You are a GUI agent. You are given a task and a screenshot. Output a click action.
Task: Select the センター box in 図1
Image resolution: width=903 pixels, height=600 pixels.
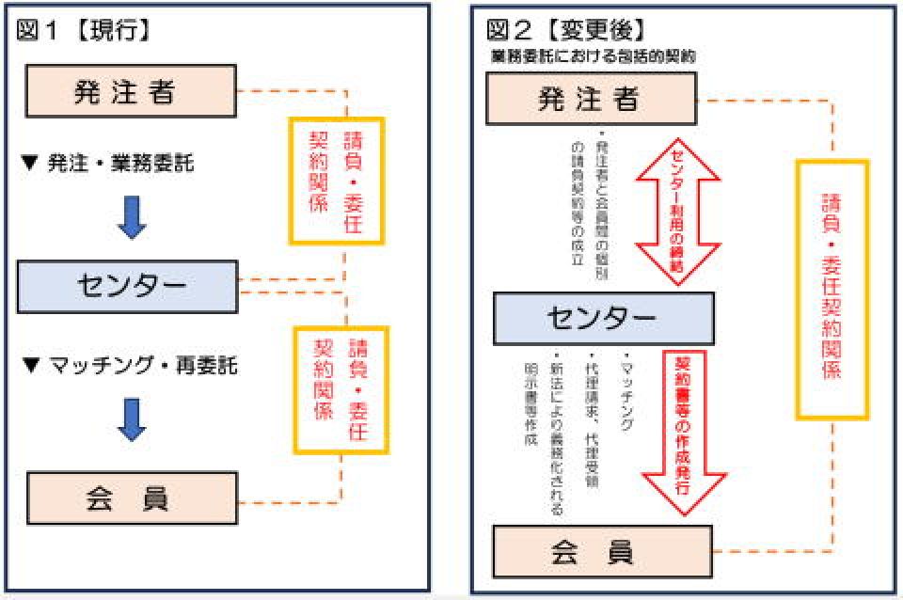[127, 286]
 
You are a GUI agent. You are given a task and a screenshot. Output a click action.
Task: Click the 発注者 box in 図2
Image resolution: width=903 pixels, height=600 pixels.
[590, 99]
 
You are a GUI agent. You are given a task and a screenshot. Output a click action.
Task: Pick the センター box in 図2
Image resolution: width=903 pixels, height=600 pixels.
[603, 318]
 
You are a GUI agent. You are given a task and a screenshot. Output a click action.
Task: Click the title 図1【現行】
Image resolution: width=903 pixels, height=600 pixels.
[84, 30]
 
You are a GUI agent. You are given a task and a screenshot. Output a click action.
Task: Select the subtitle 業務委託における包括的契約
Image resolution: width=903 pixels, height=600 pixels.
[593, 56]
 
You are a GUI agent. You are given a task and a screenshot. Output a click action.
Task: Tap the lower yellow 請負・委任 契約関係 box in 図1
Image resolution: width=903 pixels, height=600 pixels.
[340, 387]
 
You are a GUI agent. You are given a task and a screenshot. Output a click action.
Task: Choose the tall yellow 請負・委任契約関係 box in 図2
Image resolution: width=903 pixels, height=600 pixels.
[832, 289]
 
